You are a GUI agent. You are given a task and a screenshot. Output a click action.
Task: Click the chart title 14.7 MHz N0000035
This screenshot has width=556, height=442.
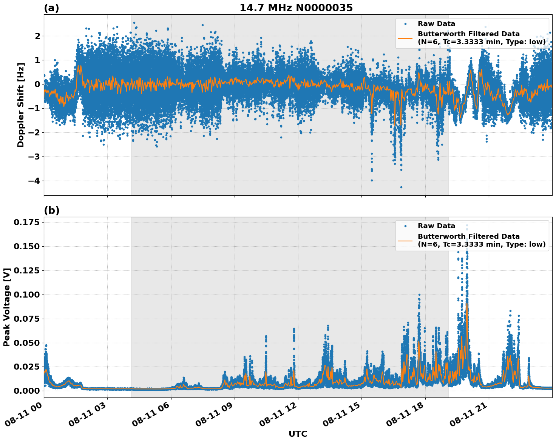tap(296, 8)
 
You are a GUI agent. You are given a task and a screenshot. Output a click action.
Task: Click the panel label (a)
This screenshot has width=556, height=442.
tap(51, 8)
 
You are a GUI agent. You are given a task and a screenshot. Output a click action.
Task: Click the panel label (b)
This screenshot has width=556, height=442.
tap(51, 210)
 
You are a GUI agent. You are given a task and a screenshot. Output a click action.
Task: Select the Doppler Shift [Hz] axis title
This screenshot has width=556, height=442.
tap(21, 105)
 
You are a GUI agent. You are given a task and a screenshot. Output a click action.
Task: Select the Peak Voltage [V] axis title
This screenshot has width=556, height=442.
tap(7, 307)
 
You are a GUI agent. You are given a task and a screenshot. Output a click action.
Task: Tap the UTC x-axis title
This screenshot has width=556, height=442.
tap(298, 434)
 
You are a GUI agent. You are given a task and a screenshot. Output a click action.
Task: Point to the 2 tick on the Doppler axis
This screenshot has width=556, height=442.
tap(37, 36)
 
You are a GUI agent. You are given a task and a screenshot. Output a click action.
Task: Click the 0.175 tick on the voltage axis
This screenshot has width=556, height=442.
tap(26, 223)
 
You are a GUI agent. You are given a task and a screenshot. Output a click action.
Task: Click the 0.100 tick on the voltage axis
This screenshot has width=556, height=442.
tap(26, 295)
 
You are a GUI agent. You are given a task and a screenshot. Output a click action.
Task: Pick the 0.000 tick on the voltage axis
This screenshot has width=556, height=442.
tap(26, 391)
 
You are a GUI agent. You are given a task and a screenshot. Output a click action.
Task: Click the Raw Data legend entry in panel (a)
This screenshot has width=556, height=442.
tap(436, 24)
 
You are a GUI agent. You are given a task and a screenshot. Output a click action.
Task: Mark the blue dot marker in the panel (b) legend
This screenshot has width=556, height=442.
tap(405, 226)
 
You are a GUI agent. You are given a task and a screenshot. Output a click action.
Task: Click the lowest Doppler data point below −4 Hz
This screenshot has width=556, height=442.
tap(401, 187)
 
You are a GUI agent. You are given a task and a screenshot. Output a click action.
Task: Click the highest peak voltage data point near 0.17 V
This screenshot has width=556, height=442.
tap(467, 226)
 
